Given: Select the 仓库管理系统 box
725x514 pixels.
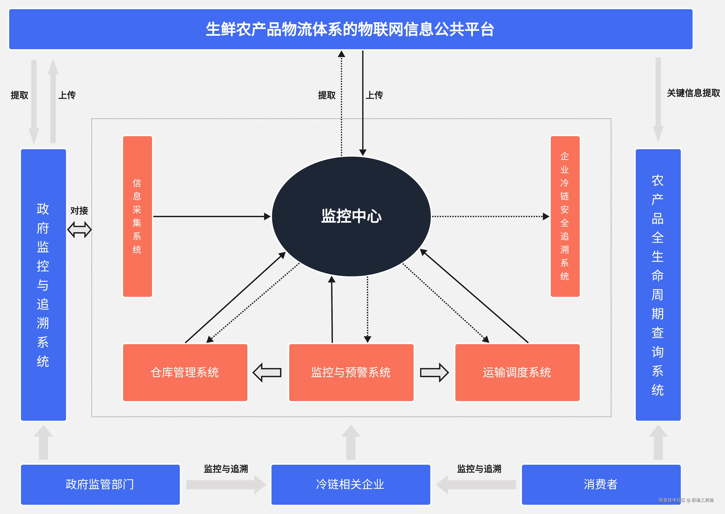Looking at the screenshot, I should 185,372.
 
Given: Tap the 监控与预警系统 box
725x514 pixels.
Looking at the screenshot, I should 351,372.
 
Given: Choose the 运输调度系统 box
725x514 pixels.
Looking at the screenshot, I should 517,372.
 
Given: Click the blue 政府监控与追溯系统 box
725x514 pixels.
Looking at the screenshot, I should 43,285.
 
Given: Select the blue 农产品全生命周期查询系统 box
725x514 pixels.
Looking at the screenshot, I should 658,285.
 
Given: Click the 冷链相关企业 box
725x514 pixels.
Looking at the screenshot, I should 351,484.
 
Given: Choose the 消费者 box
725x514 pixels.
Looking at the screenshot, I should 601,484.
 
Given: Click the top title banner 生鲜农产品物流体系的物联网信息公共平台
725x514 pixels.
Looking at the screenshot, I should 351,29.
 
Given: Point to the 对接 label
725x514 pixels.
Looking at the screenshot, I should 79,211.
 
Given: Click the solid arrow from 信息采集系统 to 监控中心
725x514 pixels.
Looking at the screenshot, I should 211,217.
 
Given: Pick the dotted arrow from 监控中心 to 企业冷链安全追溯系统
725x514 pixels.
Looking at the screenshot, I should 490,217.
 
